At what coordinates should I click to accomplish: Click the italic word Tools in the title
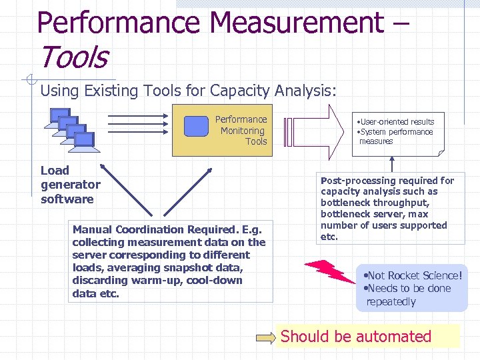pos(73,57)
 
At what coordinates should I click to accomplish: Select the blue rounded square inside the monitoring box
pos(196,126)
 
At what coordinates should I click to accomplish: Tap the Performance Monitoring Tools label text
pos(242,131)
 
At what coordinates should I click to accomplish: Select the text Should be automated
pos(356,337)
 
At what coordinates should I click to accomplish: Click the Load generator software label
pos(70,185)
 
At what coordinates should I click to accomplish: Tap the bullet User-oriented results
pos(397,122)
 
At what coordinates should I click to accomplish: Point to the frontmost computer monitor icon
pos(84,139)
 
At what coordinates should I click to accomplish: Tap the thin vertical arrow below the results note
pos(393,165)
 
